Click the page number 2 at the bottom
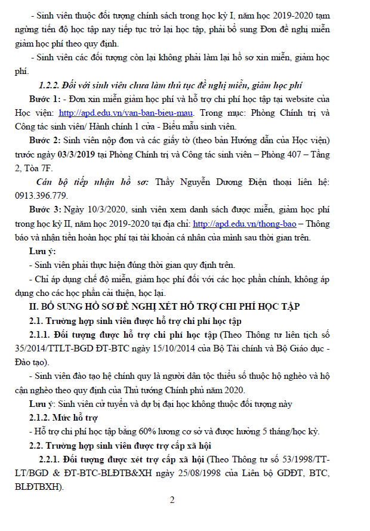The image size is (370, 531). coord(172,500)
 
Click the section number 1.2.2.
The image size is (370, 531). coord(53,85)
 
